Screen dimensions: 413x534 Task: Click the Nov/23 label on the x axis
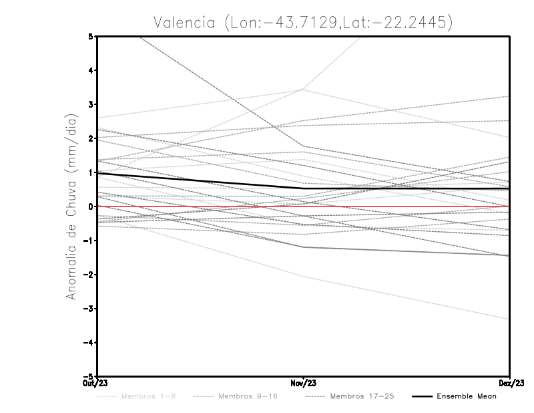[304, 384]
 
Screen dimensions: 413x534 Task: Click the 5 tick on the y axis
[91, 36]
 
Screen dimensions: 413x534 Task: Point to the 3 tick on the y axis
[91, 104]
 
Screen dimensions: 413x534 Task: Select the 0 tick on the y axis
[91, 206]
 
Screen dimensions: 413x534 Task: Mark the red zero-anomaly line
[400, 206]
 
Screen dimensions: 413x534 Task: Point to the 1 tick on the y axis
[91, 172]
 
